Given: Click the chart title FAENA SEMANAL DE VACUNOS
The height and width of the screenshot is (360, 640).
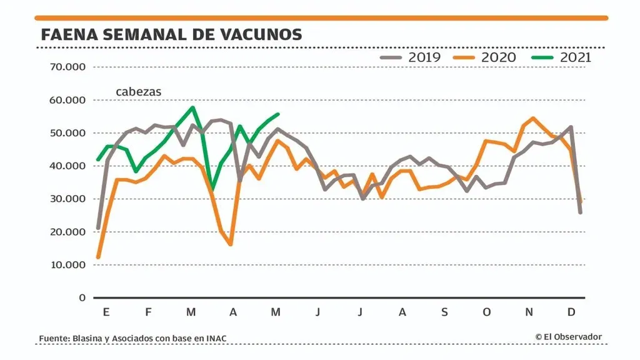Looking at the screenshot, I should click(x=171, y=34).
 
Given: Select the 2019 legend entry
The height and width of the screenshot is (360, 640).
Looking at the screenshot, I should click(x=411, y=57).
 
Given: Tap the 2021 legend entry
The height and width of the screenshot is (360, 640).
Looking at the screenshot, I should click(x=561, y=57).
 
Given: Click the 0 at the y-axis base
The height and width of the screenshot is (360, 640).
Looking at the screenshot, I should click(x=82, y=297).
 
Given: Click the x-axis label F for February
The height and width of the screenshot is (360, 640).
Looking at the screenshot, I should click(x=148, y=312).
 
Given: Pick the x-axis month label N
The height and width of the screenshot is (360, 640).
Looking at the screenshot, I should click(x=529, y=312).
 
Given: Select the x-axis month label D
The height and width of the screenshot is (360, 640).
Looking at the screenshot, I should click(x=571, y=312).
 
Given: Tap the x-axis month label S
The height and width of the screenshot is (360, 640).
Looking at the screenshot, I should click(x=444, y=312).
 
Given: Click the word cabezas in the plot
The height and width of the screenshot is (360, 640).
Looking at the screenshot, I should click(x=138, y=92).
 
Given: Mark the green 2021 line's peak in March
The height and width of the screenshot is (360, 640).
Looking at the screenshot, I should click(x=192, y=107).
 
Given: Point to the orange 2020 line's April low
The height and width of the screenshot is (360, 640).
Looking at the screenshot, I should click(x=231, y=244).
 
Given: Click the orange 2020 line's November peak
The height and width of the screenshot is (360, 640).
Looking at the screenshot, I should click(x=532, y=117).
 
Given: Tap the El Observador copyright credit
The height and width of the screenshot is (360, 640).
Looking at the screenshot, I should click(x=568, y=337).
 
